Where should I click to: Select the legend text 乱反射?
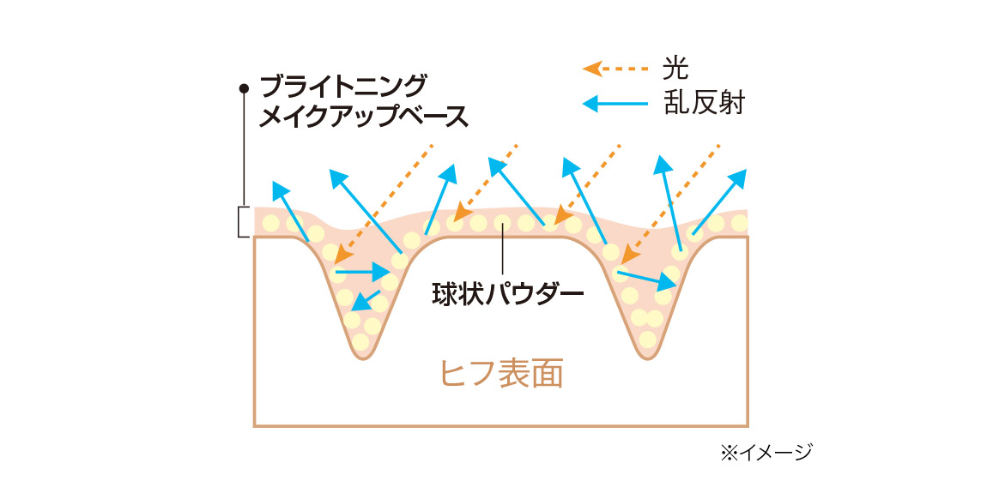click(x=705, y=103)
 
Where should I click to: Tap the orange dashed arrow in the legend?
click(x=615, y=69)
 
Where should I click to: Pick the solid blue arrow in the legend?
click(x=615, y=104)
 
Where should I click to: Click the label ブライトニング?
click(x=343, y=87)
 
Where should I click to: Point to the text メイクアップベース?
click(x=365, y=117)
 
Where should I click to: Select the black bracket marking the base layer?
click(x=242, y=222)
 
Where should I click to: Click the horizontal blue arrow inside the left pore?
click(x=363, y=273)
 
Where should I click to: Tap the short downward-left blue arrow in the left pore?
click(x=366, y=301)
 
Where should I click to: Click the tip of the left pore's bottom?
click(x=361, y=359)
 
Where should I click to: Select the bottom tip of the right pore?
click(x=646, y=359)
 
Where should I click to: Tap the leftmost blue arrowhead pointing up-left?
click(x=280, y=189)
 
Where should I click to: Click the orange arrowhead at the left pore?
click(x=343, y=255)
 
